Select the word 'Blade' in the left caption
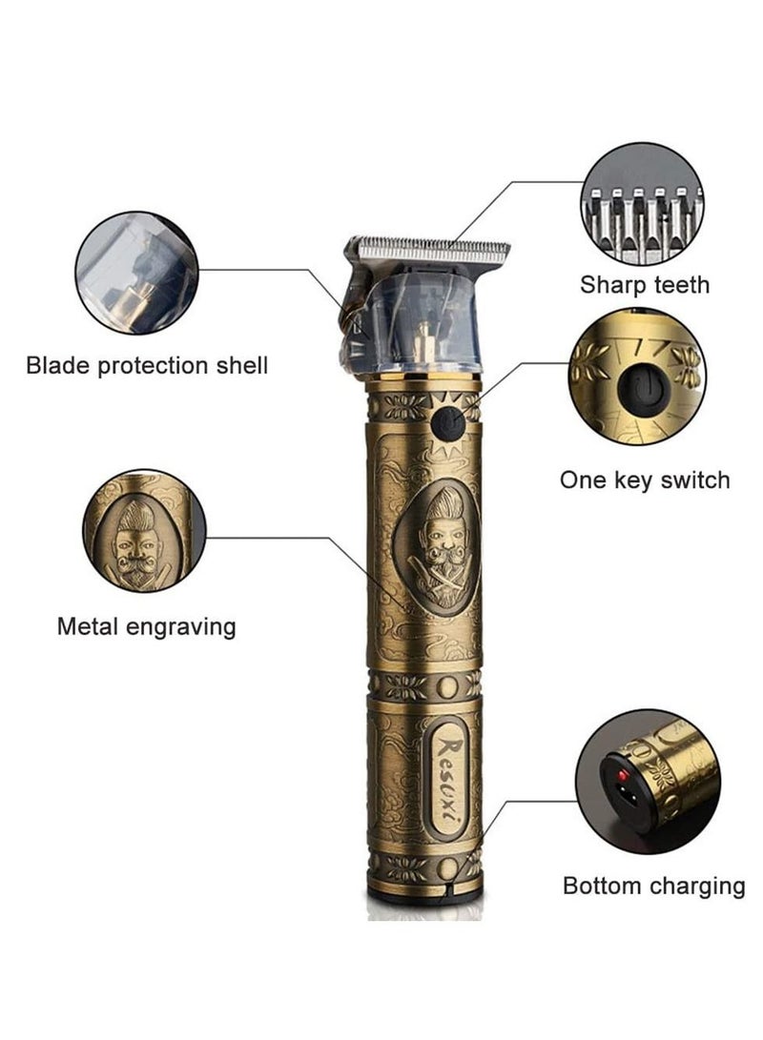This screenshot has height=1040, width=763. (59, 365)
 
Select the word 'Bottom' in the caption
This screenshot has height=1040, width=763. (603, 887)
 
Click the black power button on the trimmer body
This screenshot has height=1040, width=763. (448, 424)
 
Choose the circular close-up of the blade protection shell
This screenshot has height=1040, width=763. (137, 274)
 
